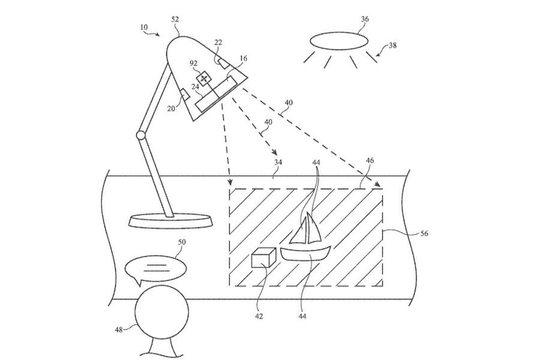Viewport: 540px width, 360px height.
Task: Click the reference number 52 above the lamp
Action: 175,20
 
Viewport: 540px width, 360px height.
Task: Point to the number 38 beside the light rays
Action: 392,44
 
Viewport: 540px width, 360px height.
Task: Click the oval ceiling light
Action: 339,40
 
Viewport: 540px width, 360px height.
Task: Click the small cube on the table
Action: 263,259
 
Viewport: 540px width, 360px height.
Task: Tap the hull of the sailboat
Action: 306,253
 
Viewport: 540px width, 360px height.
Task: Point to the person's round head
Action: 157,314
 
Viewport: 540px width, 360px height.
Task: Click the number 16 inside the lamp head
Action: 243,59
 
